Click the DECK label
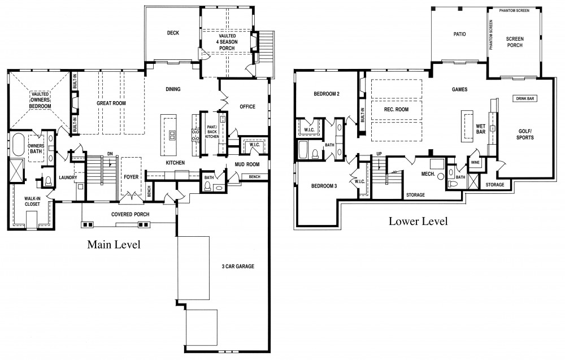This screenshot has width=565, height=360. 173,33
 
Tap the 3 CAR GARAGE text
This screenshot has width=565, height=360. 238,266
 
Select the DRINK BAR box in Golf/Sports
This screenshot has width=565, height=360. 525,98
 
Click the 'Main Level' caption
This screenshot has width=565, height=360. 114,245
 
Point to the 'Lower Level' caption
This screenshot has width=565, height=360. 418,221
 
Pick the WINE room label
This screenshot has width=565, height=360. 475,163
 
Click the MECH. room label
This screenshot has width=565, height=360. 428,174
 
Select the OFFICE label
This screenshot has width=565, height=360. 247,107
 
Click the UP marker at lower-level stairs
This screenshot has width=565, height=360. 379,154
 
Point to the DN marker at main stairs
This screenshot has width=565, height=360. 110,154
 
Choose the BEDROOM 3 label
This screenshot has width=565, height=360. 324,186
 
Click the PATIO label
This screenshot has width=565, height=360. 459,34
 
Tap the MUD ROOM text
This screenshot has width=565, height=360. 247,164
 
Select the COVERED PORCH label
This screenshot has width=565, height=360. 130,214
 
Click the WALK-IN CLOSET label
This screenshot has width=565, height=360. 32,201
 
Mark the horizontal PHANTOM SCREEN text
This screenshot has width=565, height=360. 514,10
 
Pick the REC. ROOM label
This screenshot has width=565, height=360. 396,109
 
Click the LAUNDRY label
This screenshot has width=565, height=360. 68,177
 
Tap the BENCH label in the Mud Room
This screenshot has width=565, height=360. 254,177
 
